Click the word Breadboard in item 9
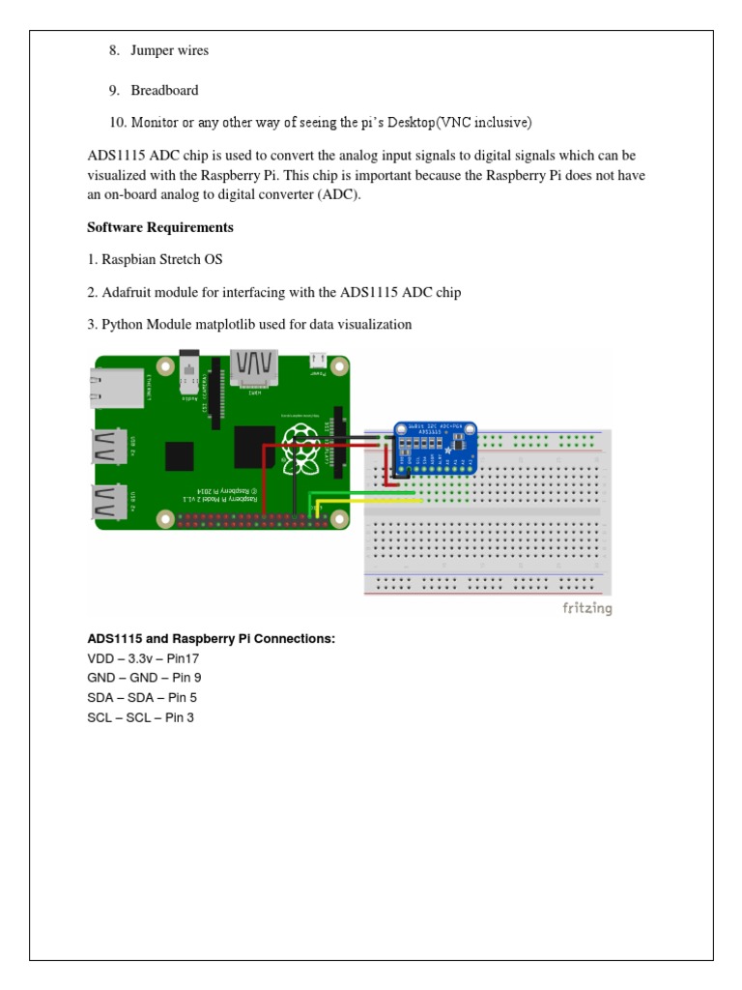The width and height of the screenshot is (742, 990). point(164,90)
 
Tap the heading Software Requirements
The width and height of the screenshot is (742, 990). point(160,227)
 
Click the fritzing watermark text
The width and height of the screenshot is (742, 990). point(586,608)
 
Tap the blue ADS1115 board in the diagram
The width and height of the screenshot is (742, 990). point(435,447)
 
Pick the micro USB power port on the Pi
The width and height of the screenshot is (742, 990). point(318,362)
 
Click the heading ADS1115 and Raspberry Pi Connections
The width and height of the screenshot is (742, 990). point(211,639)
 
